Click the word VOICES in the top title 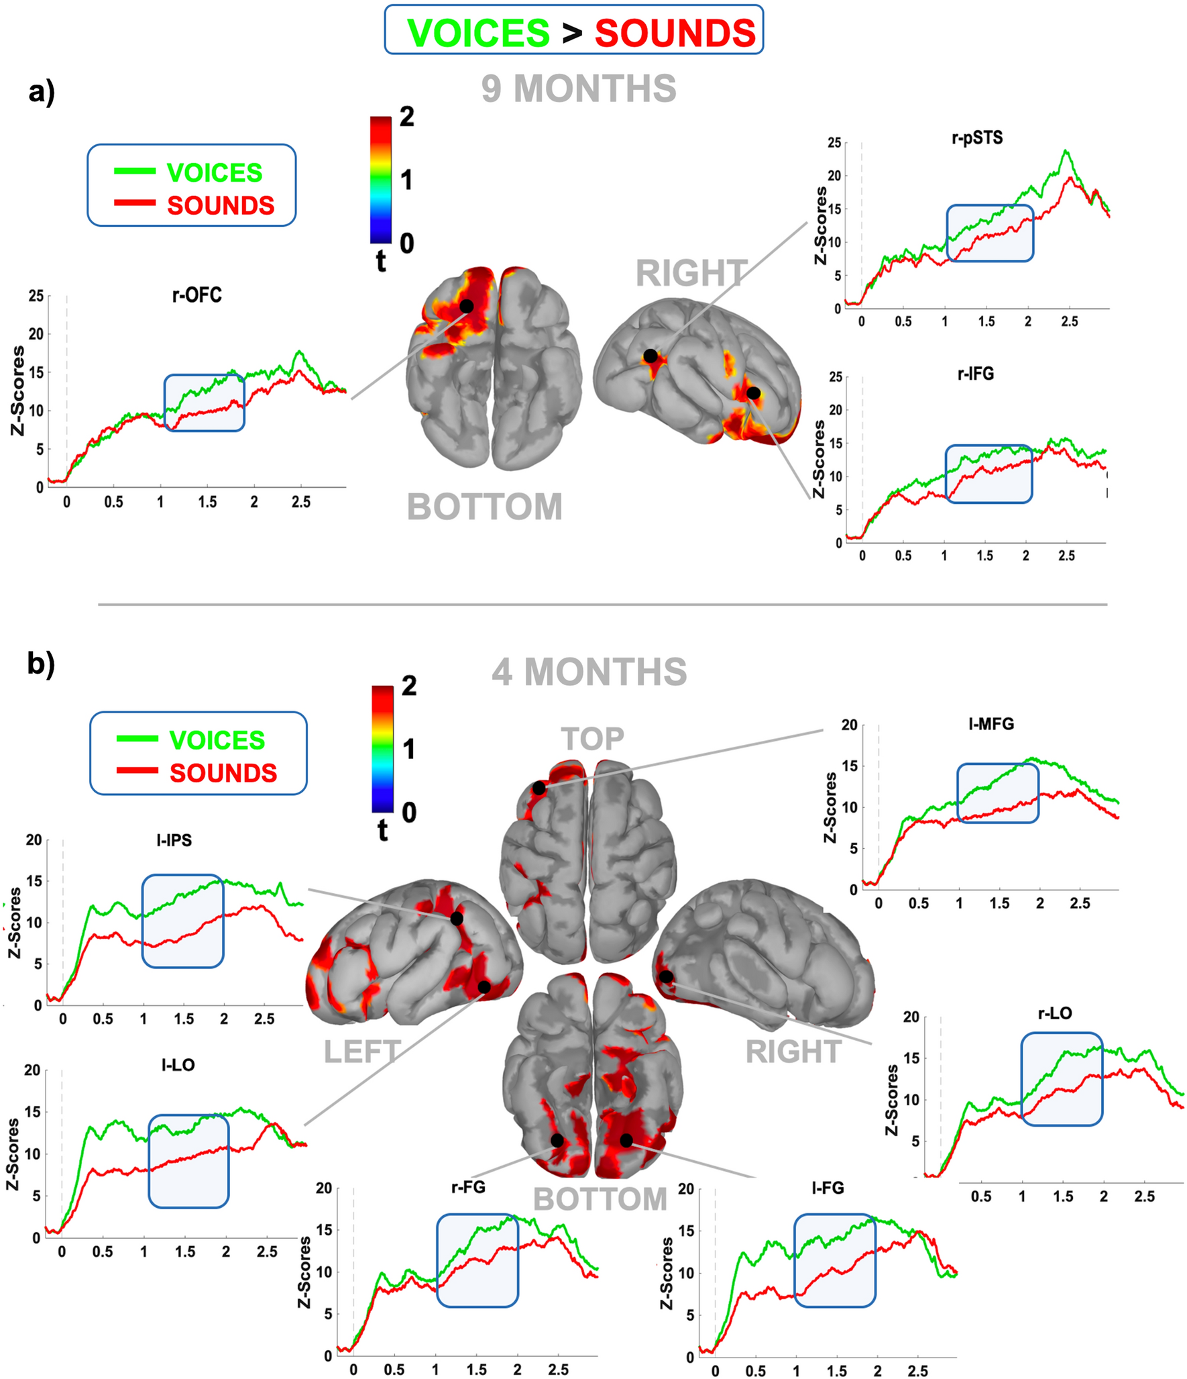[478, 32]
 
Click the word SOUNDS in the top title [675, 32]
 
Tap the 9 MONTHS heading [579, 89]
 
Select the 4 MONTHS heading [589, 672]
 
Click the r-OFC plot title [196, 295]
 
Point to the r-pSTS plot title [977, 138]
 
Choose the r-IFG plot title [975, 374]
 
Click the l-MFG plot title [991, 724]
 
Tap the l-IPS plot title [174, 840]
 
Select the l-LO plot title [178, 1065]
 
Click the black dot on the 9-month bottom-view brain [467, 306]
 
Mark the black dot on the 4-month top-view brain [539, 788]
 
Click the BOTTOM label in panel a [484, 507]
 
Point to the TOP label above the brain [592, 739]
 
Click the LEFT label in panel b [362, 1052]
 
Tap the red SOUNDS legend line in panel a [135, 203]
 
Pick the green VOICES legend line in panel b [137, 738]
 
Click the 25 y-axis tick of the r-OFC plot [36, 296]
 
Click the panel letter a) [42, 92]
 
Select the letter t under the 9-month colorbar [381, 262]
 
